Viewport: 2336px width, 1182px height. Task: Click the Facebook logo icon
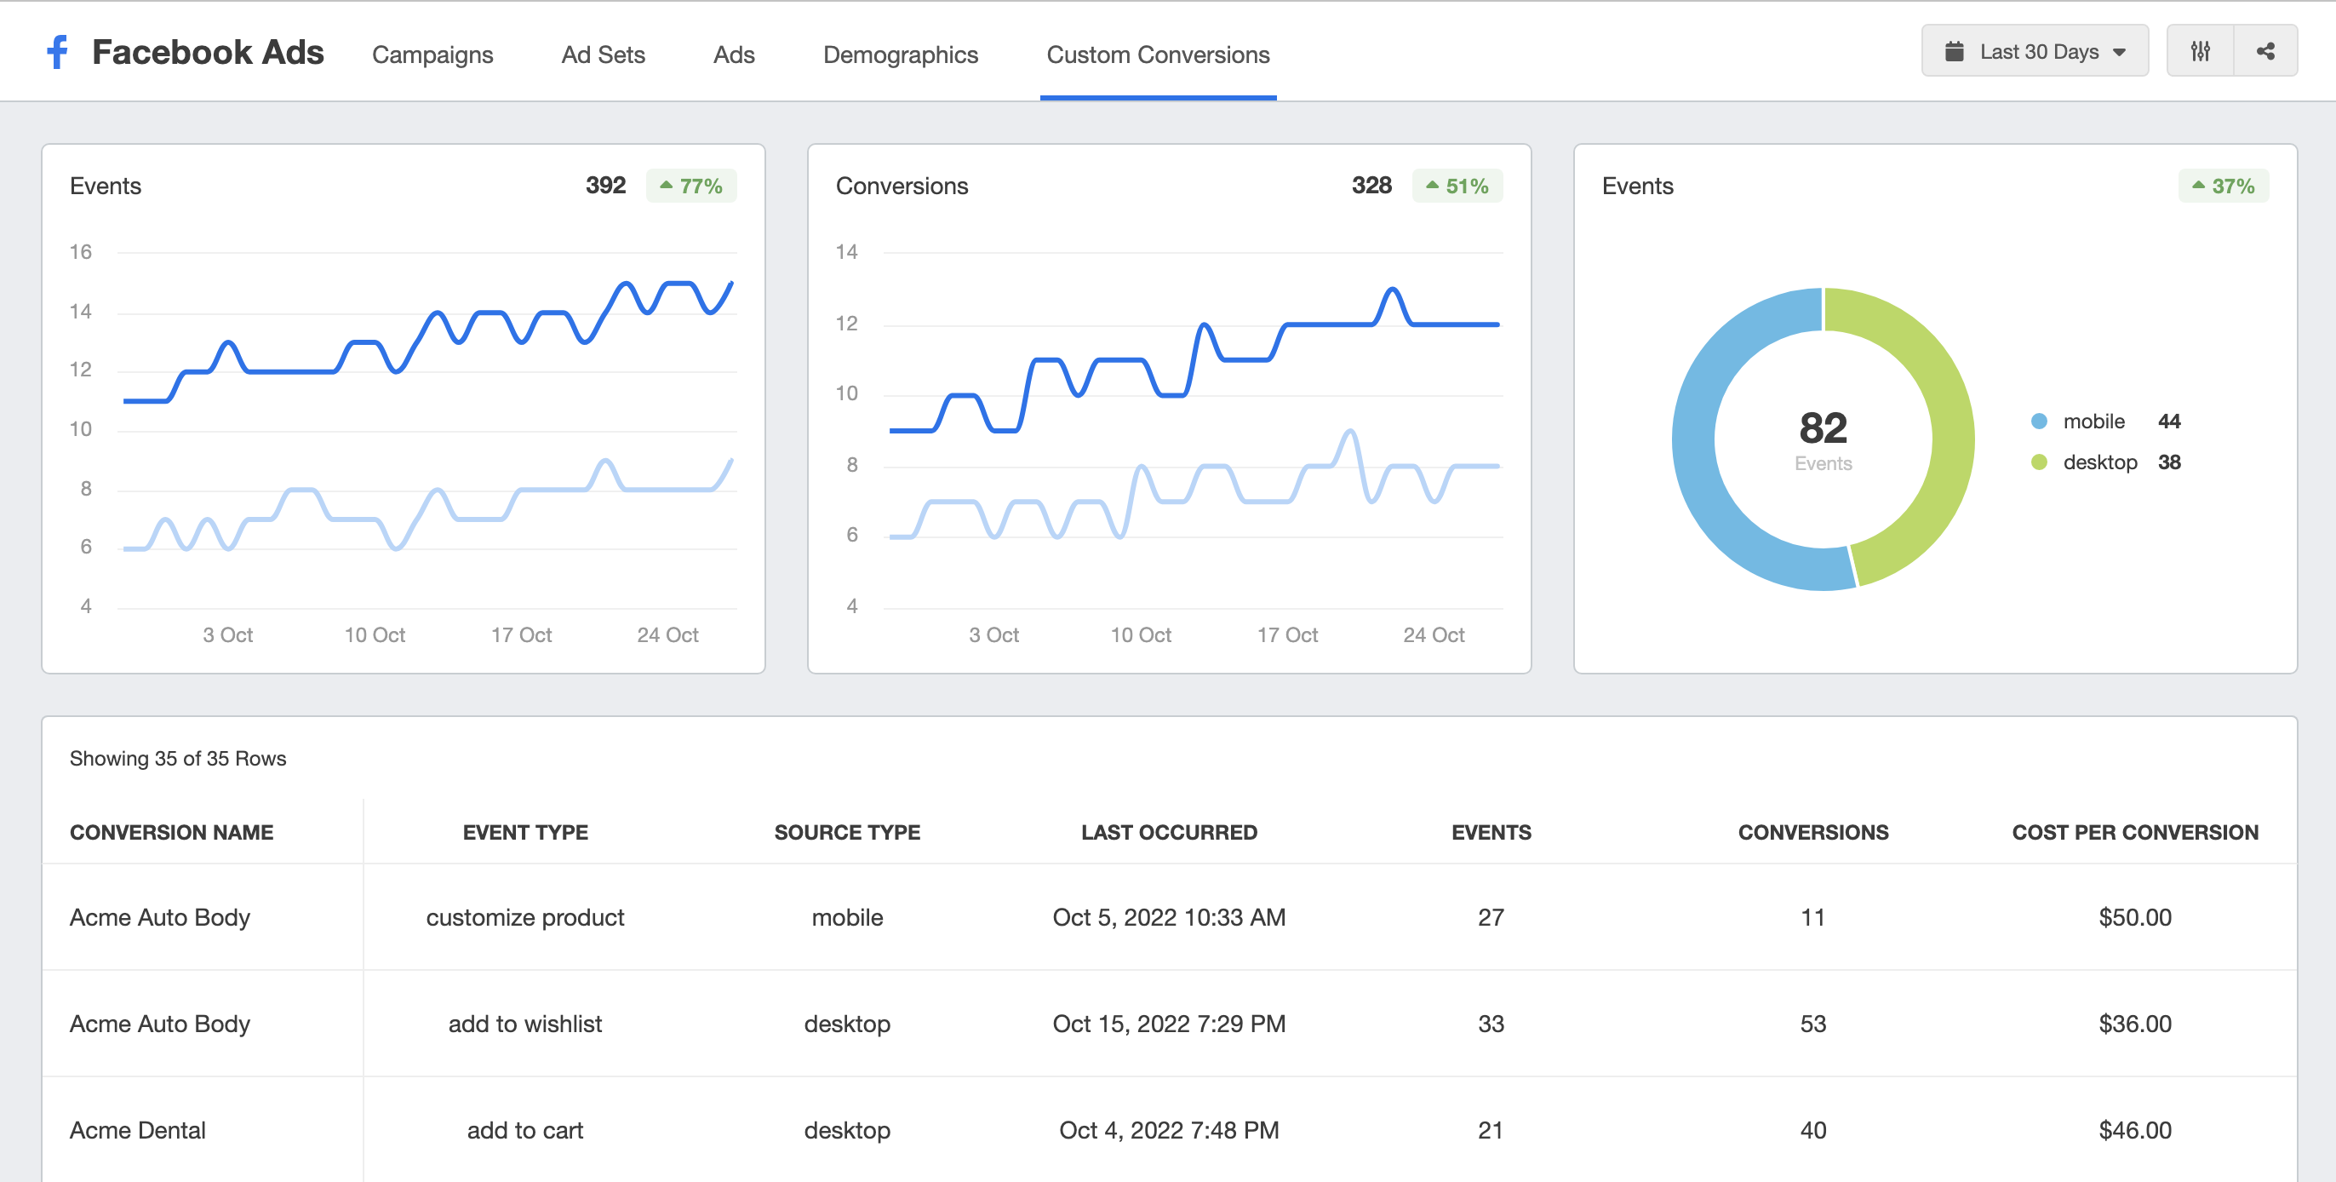57,53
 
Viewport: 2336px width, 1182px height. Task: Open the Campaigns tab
432,55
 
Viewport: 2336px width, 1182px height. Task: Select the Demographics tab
900,55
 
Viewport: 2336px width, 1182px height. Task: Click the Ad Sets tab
602,55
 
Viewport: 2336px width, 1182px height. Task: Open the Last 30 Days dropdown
2034,52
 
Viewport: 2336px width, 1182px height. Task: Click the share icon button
2264,52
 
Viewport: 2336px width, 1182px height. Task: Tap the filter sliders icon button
2199,52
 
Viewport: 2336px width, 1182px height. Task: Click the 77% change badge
691,186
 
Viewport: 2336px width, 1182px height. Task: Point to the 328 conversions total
1371,186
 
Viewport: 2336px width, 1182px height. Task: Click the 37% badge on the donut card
2223,186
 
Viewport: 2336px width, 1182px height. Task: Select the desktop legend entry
2098,462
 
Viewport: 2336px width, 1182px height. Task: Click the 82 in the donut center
1822,428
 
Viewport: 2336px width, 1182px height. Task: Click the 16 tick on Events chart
81,252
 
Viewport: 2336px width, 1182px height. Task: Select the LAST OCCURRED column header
1168,832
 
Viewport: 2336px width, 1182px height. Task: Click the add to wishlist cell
525,1024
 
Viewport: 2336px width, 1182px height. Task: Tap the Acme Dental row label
138,1129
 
